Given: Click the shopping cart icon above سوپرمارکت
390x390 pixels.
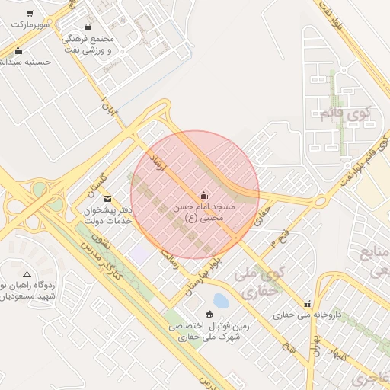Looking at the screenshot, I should (x=30, y=14).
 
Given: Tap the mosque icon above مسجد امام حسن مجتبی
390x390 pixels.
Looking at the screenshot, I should (x=203, y=195).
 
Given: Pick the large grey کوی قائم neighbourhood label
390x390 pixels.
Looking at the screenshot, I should (x=344, y=115).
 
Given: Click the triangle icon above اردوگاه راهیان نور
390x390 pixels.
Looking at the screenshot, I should (x=27, y=273).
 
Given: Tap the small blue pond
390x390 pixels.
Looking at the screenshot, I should (x=221, y=301).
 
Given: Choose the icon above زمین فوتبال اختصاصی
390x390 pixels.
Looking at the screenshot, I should (x=209, y=315).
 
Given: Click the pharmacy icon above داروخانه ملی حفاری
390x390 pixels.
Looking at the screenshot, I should (x=307, y=303).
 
